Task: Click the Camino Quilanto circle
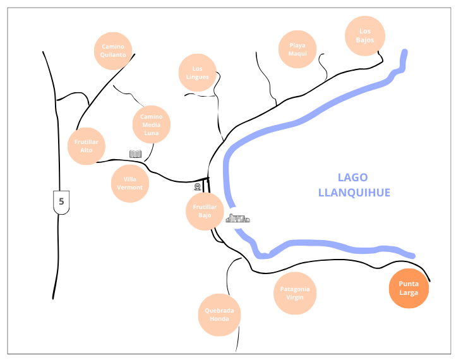click(114, 51)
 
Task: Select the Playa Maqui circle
click(298, 49)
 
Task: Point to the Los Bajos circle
click(365, 36)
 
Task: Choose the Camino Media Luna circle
click(152, 124)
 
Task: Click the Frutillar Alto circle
click(87, 146)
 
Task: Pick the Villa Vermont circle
click(130, 183)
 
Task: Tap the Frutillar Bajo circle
click(205, 211)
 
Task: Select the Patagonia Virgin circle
click(295, 293)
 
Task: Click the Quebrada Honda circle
click(220, 315)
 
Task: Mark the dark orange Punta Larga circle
click(409, 288)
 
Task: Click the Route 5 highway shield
click(61, 201)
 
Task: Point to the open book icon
click(135, 154)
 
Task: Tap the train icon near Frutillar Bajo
click(198, 187)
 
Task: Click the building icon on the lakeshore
click(238, 219)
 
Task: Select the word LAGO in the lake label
click(352, 177)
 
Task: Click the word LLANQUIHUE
click(354, 193)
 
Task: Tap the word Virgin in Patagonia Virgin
click(295, 297)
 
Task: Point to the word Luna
click(152, 133)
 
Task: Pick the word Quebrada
click(220, 311)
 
